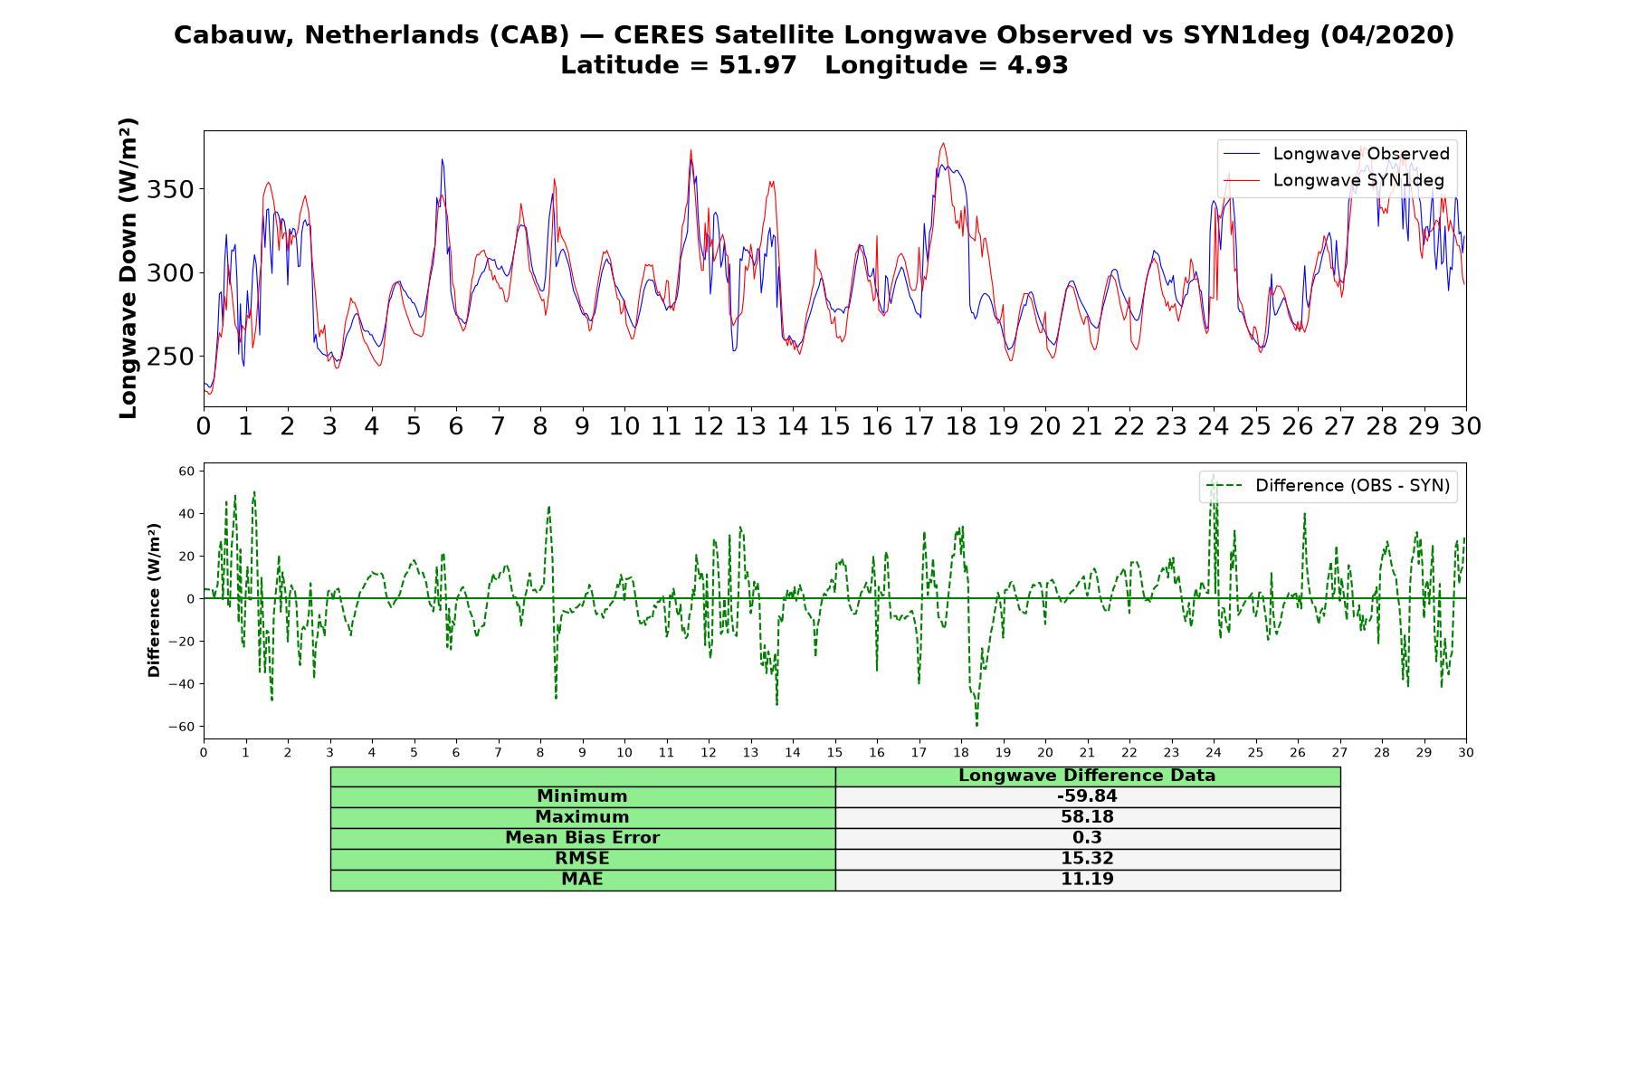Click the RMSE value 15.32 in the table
1087,858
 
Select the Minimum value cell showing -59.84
1087,796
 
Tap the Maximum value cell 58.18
1087,817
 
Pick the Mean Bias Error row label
582,838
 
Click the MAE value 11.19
1087,879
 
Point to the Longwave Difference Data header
1087,776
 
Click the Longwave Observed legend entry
1336,154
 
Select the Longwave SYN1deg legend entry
1333,180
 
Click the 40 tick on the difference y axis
187,514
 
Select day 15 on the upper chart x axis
834,426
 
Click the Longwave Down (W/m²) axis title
129,268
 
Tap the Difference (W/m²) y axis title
154,600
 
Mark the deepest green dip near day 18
976,725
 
